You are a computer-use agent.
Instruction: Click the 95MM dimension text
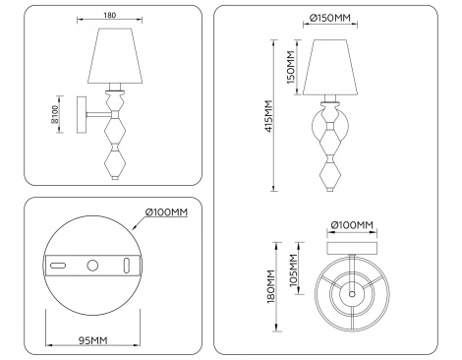[x=93, y=342]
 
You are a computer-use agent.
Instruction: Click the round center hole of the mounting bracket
[x=91, y=264]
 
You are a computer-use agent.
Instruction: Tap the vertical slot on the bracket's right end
[x=127, y=264]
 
